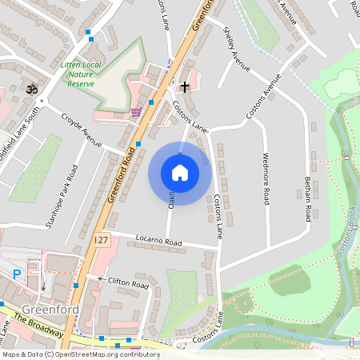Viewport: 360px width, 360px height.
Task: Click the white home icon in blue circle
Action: point(180,173)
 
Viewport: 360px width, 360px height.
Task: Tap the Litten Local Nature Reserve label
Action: point(81,73)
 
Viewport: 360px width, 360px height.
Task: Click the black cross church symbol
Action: point(185,86)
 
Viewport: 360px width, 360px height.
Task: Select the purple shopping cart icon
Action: point(136,111)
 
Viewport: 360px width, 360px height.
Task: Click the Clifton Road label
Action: point(129,283)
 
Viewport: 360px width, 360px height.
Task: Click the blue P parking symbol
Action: point(17,274)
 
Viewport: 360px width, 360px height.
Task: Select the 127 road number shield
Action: point(100,240)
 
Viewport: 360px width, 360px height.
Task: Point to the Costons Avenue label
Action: point(264,98)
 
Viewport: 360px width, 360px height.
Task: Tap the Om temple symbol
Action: point(33,86)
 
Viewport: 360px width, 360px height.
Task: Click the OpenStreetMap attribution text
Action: point(80,354)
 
